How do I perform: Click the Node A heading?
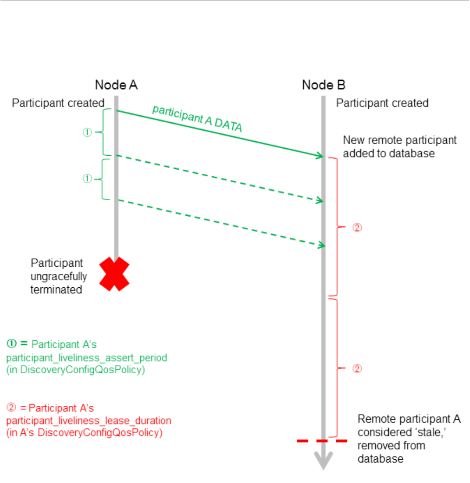[116, 85]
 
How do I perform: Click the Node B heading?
[323, 85]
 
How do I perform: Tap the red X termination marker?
[114, 274]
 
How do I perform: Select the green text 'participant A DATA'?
[197, 119]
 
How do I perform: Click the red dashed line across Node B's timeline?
[322, 440]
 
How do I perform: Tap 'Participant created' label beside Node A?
[58, 103]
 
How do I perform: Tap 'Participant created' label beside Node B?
[382, 103]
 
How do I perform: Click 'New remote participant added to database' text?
[399, 147]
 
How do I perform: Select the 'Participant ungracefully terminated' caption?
[59, 276]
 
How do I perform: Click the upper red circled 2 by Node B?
[357, 228]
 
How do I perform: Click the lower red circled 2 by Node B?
[357, 369]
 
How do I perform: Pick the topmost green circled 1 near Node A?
[87, 132]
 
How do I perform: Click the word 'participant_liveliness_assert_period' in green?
[86, 358]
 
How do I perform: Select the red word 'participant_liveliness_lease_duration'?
[89, 421]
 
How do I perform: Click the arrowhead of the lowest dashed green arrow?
[320, 245]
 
